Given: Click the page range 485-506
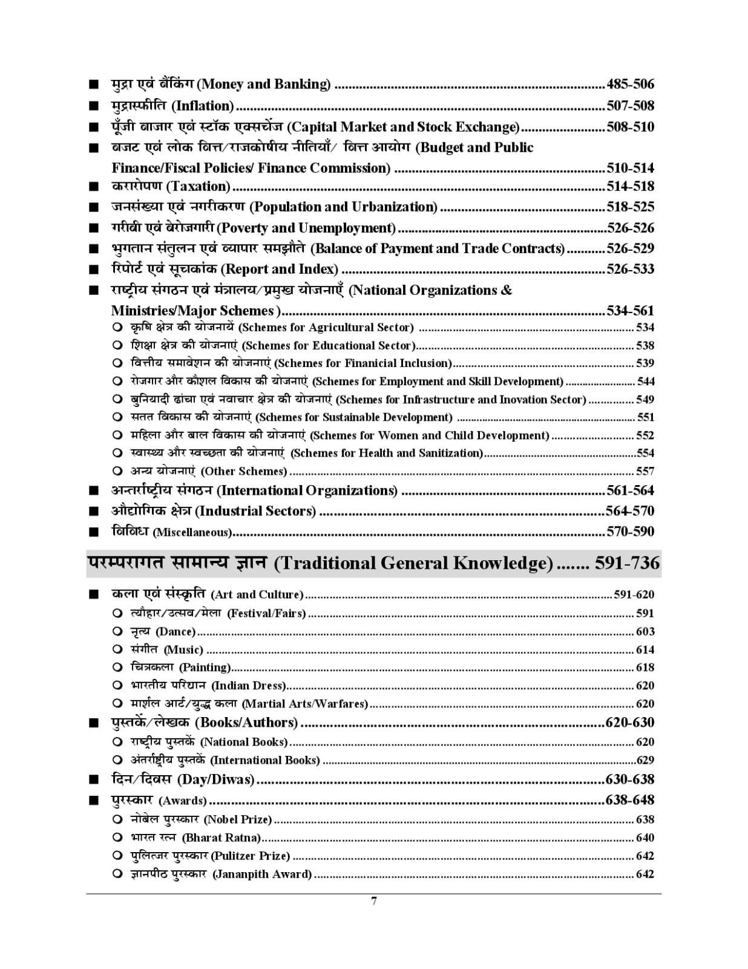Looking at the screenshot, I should click(x=630, y=84).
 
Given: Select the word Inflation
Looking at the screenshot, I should click(x=203, y=106).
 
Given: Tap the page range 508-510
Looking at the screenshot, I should click(x=630, y=127).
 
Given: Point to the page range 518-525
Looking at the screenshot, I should click(x=630, y=207).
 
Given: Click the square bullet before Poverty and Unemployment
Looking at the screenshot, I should click(x=93, y=229).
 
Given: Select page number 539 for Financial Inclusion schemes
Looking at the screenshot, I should click(x=645, y=363).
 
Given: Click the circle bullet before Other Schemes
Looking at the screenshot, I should click(x=117, y=471).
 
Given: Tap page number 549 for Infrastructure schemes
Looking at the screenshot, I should click(x=645, y=400).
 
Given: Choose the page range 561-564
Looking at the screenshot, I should click(x=630, y=491).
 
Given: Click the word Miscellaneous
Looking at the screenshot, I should click(x=192, y=532).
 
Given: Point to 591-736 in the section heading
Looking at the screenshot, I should click(x=627, y=563).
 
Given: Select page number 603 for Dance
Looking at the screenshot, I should click(x=645, y=632).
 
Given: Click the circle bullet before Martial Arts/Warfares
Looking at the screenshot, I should click(x=117, y=703).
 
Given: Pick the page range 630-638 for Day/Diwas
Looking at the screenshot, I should click(x=630, y=779).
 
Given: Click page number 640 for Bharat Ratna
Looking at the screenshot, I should click(x=645, y=838).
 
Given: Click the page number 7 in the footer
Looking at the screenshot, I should click(x=374, y=901).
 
